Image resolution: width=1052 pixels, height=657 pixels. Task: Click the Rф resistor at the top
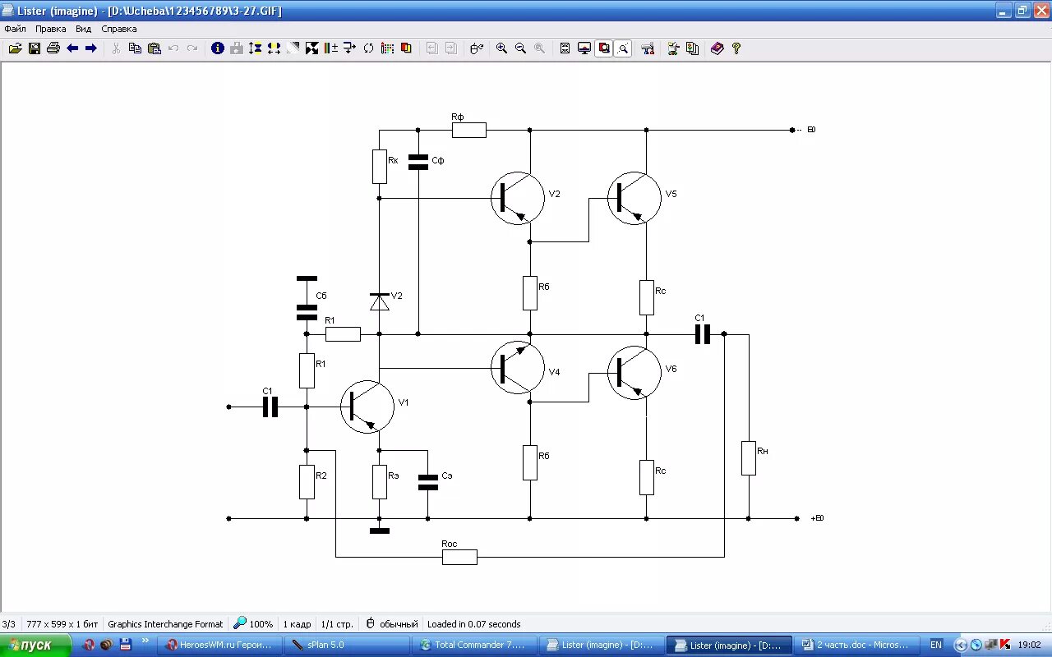coord(468,130)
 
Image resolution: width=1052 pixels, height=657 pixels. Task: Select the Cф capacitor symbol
coord(418,162)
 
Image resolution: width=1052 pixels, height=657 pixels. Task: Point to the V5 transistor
coord(634,198)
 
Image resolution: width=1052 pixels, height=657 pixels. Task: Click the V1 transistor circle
coord(367,407)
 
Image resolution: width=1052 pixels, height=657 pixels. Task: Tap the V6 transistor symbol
coord(634,373)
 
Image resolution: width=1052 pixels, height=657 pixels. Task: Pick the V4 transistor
coord(518,367)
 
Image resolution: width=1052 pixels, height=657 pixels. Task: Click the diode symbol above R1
coord(379,302)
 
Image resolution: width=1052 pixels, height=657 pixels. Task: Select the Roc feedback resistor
coord(459,557)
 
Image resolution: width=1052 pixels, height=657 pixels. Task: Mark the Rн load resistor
coord(748,457)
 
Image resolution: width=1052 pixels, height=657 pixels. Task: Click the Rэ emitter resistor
coord(379,482)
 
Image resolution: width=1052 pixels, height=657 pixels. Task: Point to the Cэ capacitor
coord(427,482)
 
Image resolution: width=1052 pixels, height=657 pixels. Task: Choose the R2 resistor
coord(307,482)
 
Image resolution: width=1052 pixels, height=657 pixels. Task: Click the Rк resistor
coord(379,167)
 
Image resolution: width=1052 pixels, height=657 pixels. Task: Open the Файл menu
coord(15,29)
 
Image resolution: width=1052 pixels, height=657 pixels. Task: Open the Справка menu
coord(119,29)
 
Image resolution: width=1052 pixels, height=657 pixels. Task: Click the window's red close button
coord(1041,11)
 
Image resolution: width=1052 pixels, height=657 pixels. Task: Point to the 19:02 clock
coord(1029,646)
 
